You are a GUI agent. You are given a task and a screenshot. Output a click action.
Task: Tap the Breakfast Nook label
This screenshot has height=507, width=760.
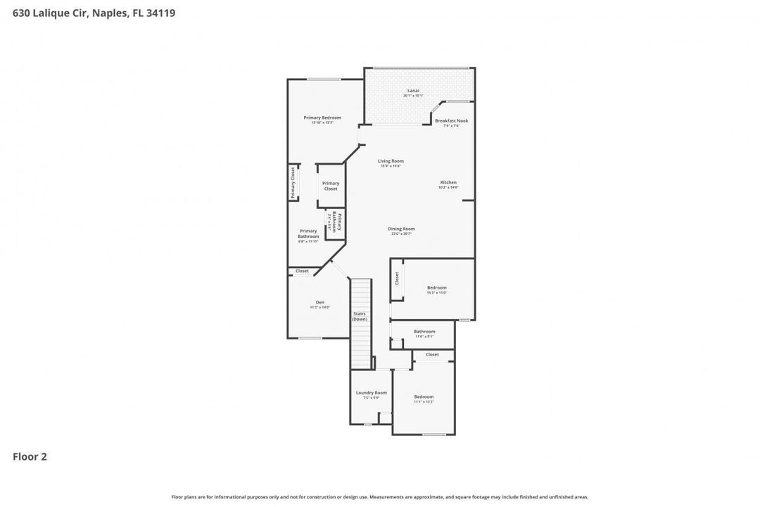pyautogui.click(x=451, y=121)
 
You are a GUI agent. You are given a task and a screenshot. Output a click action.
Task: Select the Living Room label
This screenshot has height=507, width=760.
pyautogui.click(x=391, y=161)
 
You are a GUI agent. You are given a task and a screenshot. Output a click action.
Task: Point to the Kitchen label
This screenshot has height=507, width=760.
pyautogui.click(x=448, y=182)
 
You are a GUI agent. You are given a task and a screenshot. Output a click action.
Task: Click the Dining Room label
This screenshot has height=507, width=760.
pyautogui.click(x=401, y=229)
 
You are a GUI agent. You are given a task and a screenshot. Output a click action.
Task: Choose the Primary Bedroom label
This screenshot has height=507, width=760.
pyautogui.click(x=322, y=118)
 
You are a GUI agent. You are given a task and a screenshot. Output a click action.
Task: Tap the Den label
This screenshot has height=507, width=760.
pyautogui.click(x=319, y=302)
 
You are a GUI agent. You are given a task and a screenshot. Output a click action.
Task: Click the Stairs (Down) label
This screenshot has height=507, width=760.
pyautogui.click(x=360, y=316)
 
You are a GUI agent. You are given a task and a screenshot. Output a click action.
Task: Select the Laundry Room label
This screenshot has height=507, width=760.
pyautogui.click(x=371, y=393)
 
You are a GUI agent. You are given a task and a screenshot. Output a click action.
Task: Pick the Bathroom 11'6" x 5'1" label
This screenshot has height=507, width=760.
pyautogui.click(x=424, y=332)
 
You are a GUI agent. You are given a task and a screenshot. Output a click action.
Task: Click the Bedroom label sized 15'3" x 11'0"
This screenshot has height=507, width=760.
pyautogui.click(x=436, y=287)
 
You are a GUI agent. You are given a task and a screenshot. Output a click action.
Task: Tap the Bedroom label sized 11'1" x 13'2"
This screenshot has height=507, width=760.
pyautogui.click(x=424, y=396)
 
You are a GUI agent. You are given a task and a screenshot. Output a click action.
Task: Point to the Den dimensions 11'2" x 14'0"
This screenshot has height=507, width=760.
pyautogui.click(x=319, y=308)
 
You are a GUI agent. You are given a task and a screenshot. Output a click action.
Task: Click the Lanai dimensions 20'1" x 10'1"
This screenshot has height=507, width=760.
pyautogui.click(x=414, y=96)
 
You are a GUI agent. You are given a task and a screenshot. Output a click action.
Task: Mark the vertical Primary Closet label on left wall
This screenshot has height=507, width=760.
pyautogui.click(x=293, y=182)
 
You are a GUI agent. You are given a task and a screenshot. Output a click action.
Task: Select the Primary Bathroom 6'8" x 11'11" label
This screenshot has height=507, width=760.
pyautogui.click(x=308, y=234)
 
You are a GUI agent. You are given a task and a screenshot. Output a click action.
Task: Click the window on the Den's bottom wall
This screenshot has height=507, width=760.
pyautogui.click(x=310, y=338)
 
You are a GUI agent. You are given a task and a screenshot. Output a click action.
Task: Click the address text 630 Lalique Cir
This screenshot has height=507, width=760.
pyautogui.click(x=50, y=12)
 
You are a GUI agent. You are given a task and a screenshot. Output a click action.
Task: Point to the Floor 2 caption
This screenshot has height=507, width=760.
pyautogui.click(x=30, y=456)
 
